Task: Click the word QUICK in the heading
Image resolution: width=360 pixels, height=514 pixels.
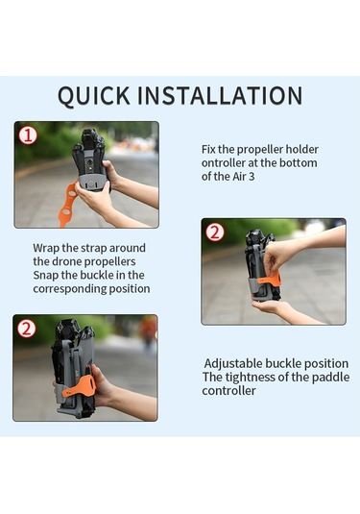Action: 94,96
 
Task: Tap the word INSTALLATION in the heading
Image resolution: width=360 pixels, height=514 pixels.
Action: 220,95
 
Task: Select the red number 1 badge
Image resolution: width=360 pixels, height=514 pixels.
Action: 28,135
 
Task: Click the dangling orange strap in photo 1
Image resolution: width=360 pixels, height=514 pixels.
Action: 67,206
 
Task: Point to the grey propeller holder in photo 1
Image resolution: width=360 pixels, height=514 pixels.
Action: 93,183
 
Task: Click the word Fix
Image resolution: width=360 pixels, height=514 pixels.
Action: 208,150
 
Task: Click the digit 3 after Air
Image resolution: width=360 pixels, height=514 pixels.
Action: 252,177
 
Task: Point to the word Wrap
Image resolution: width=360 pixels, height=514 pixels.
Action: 45,248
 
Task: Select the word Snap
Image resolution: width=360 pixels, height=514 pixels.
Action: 46,275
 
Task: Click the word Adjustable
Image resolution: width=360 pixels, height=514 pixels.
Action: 233,364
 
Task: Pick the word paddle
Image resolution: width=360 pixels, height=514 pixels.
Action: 330,378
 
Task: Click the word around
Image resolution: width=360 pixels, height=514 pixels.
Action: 128,248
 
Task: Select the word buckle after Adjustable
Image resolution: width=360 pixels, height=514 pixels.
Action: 283,364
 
